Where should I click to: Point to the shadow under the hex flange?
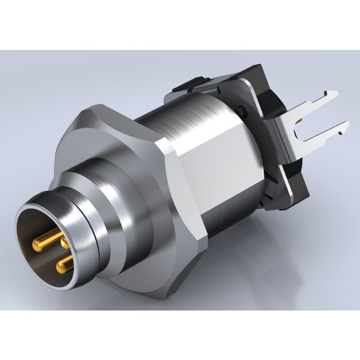180,302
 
